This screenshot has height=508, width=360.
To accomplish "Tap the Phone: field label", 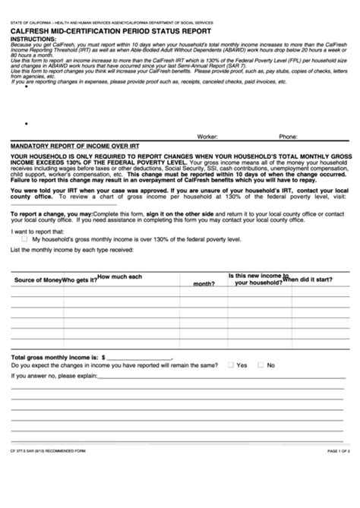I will (x=288, y=137).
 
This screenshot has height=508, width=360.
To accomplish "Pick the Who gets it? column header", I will (x=79, y=280).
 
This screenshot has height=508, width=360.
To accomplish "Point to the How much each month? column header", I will (x=122, y=278).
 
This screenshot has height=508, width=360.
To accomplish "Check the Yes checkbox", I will (x=230, y=365).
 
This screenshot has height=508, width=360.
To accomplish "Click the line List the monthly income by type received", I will (x=70, y=248).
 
